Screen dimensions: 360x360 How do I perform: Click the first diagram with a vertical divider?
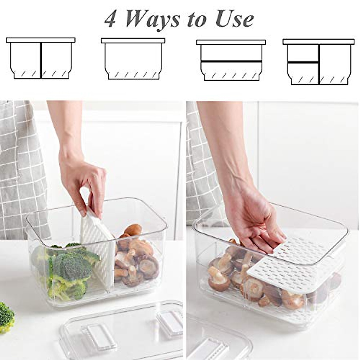41,58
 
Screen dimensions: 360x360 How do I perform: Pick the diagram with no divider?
133,58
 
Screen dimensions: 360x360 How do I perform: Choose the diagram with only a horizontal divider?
231,60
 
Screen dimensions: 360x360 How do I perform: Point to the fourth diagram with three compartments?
318,61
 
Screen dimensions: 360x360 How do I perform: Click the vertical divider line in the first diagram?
41,60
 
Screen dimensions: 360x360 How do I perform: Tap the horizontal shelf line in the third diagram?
231,61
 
